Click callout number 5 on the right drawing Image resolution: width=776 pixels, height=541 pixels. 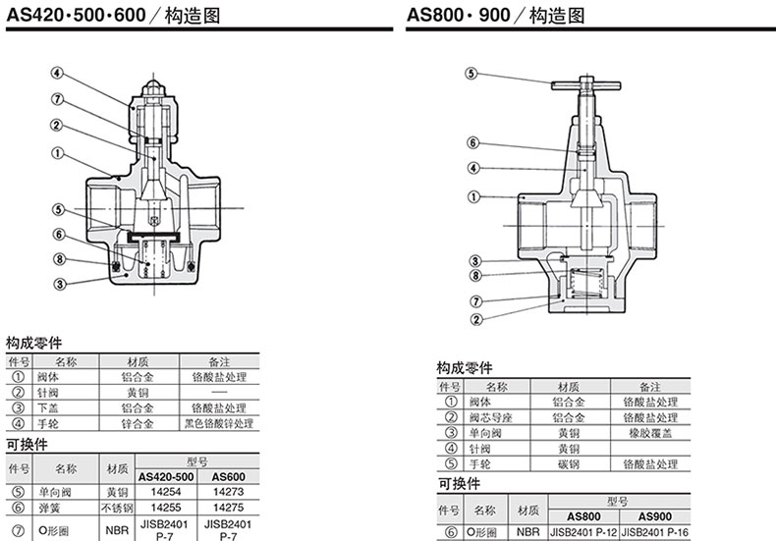(x=471, y=74)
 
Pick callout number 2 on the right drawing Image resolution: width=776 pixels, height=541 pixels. (x=475, y=318)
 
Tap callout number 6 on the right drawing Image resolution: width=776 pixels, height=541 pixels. (x=472, y=141)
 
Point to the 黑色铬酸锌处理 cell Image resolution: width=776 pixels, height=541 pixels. (x=218, y=423)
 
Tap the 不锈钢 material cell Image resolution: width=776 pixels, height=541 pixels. (x=117, y=507)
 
